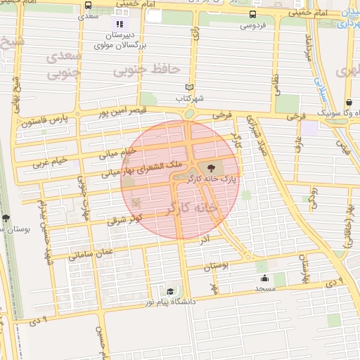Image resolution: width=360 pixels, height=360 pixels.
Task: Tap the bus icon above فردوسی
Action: click(253, 15)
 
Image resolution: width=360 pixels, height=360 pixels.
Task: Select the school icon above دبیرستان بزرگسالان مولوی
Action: click(120, 25)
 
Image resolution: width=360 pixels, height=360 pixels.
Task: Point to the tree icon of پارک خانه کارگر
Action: click(210, 167)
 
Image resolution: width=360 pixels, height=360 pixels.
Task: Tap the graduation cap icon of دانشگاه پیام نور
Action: click(170, 291)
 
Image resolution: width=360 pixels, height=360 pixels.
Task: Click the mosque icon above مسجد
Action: click(264, 278)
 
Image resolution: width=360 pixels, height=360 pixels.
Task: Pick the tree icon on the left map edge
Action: click(6, 218)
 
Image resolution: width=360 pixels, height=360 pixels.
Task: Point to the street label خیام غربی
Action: click(51, 162)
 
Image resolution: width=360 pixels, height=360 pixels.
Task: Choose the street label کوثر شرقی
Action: click(124, 218)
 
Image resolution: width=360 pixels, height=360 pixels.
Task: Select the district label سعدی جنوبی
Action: click(60, 64)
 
